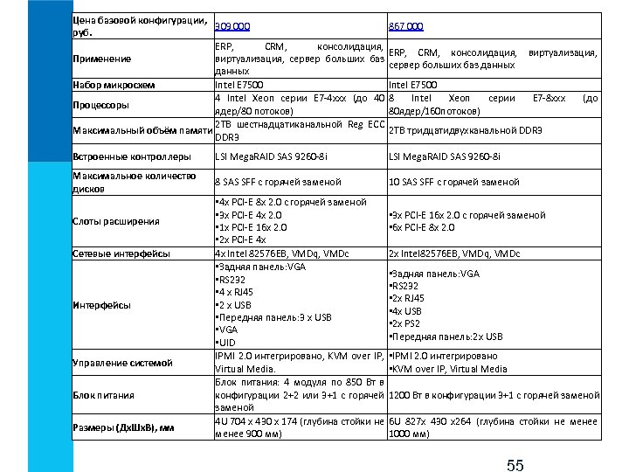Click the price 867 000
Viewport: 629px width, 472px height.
[406, 26]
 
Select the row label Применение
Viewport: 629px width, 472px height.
[101, 59]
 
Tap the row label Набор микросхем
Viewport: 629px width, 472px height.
[114, 85]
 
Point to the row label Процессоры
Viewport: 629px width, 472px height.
[100, 105]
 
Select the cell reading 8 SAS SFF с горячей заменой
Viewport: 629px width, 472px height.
[278, 182]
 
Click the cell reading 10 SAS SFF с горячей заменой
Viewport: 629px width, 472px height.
[453, 182]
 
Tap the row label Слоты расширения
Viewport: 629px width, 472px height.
[115, 221]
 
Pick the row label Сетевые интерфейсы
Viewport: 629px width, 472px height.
[120, 253]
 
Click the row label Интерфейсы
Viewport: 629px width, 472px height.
[101, 305]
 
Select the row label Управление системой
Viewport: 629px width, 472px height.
[121, 363]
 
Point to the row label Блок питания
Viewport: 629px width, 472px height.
[103, 395]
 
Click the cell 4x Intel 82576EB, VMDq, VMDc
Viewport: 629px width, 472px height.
[281, 253]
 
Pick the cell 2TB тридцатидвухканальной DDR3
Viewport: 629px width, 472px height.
[465, 131]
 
